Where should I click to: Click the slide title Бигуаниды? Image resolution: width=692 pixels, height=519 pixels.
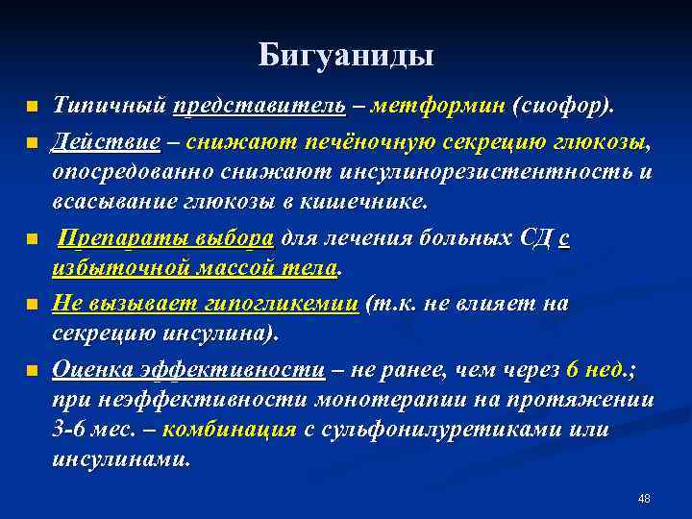(x=346, y=55)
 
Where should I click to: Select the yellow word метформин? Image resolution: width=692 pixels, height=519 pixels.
(x=439, y=104)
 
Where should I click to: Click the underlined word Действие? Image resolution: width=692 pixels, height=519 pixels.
(x=107, y=142)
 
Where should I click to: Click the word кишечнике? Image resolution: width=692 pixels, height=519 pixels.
(x=360, y=205)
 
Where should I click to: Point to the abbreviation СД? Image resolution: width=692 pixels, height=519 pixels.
(x=532, y=238)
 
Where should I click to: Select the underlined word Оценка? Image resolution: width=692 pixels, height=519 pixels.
(x=92, y=369)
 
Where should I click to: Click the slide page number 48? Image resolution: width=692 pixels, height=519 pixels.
(x=644, y=499)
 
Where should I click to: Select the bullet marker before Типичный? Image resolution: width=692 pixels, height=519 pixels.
(x=32, y=105)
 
